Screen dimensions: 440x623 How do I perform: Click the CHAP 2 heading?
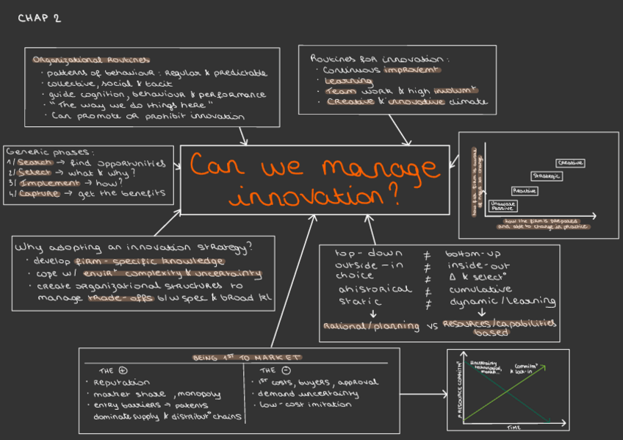tap(39, 18)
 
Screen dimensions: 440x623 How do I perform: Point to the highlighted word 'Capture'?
tap(39, 193)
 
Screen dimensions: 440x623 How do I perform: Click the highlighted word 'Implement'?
tap(48, 183)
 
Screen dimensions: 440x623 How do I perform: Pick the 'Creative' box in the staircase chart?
tap(570, 162)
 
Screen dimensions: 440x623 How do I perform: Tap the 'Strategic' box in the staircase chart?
tap(547, 176)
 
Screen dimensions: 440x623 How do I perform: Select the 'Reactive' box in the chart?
tap(524, 191)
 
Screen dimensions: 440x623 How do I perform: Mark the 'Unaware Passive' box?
tap(503, 205)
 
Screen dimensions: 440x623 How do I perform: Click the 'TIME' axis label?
tap(514, 427)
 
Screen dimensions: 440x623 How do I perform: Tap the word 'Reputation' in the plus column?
tap(120, 382)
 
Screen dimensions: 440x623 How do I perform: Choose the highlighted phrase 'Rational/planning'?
tap(361, 325)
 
